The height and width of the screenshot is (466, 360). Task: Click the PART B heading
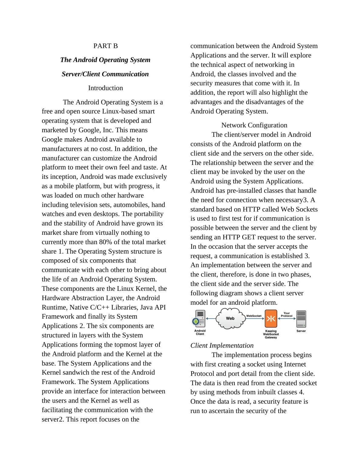point(105,46)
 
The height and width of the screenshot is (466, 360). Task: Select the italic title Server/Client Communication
point(105,74)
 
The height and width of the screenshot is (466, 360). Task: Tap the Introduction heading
point(105,88)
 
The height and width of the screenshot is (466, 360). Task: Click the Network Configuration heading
point(254,125)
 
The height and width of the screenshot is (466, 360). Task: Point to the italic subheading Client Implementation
point(222,346)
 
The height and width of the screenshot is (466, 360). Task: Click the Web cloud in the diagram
point(230,318)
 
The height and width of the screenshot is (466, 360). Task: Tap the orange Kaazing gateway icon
point(271,319)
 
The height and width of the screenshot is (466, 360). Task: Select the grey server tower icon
point(301,319)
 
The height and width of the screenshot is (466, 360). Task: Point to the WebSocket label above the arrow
point(254,316)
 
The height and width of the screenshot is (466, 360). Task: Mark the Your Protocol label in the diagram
point(286,315)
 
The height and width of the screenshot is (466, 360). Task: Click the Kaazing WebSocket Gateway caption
point(271,334)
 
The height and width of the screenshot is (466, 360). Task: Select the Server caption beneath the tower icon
point(301,331)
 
